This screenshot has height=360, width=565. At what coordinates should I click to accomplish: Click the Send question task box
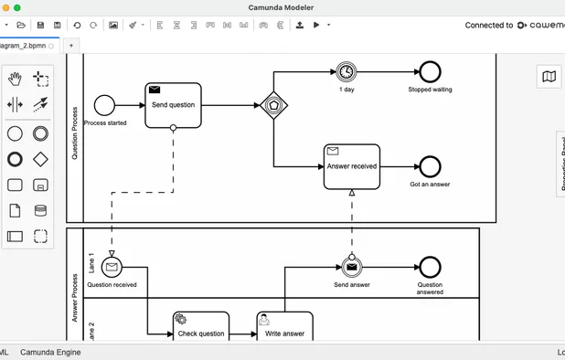(173, 105)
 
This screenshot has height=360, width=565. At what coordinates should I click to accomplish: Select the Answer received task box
(351, 166)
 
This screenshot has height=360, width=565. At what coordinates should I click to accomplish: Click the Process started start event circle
(105, 105)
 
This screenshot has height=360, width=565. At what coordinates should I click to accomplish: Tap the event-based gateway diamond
(273, 105)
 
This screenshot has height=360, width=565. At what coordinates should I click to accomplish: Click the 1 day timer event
(346, 71)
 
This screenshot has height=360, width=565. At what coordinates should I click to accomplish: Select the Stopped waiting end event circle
(429, 71)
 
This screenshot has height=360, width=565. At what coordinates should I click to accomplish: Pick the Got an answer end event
(429, 166)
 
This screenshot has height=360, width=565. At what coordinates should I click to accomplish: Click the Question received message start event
(112, 267)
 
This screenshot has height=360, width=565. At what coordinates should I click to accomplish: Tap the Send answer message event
(351, 267)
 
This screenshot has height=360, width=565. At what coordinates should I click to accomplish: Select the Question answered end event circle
(429, 267)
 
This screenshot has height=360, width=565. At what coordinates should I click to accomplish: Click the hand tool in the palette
(16, 79)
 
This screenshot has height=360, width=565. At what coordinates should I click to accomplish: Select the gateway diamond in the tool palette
(40, 159)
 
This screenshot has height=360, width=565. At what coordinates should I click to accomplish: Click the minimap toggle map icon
(549, 77)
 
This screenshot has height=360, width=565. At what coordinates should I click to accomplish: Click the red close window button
(5, 7)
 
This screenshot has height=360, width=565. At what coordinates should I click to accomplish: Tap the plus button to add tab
(71, 45)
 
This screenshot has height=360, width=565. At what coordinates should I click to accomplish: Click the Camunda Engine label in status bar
(50, 352)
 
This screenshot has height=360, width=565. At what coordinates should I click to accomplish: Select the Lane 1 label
(91, 263)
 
